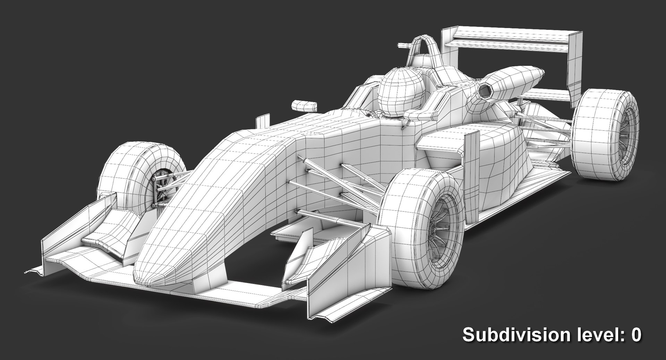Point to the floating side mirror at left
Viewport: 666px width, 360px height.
point(305,105)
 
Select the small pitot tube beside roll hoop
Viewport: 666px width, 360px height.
point(404,45)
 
